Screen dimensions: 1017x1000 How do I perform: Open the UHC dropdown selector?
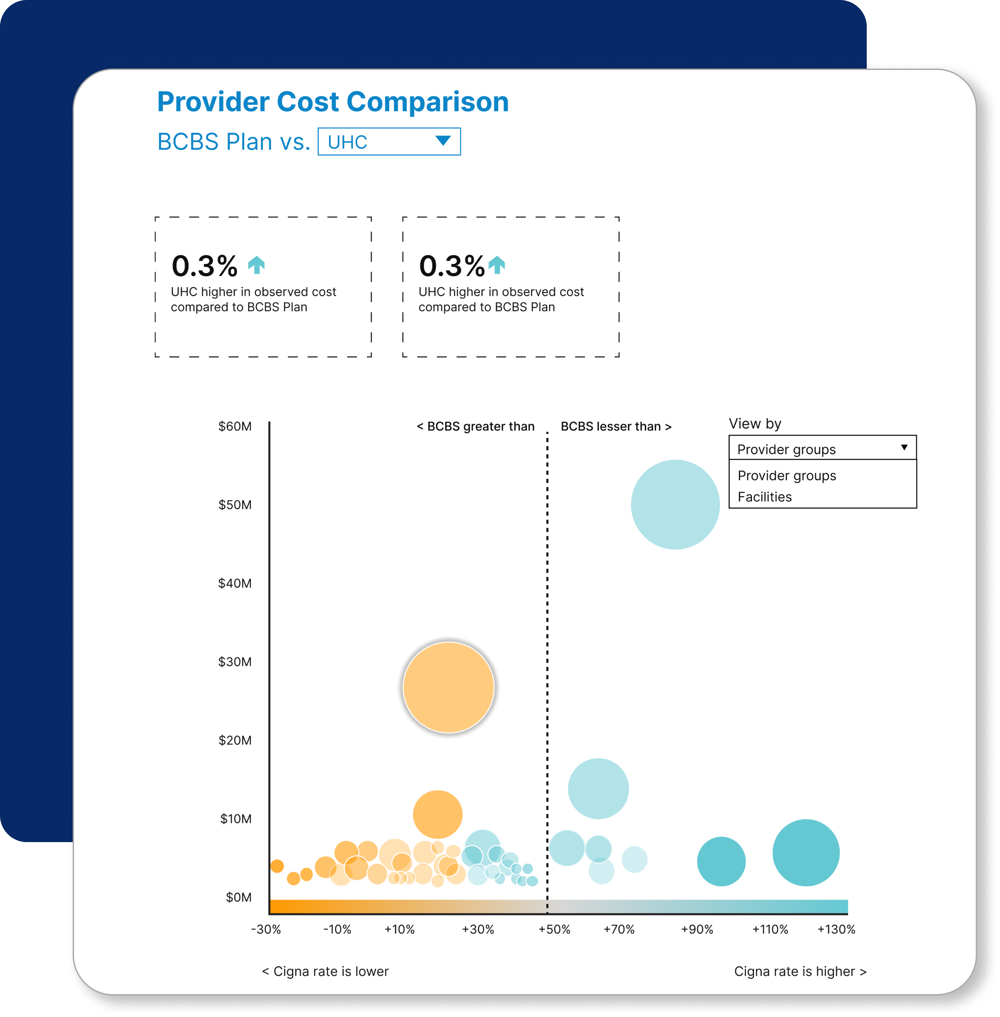pyautogui.click(x=389, y=142)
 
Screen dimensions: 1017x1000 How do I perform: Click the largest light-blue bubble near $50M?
pyautogui.click(x=675, y=504)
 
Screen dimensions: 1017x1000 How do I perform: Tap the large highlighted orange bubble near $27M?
pyautogui.click(x=449, y=687)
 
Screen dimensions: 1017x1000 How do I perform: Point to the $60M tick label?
pyautogui.click(x=235, y=426)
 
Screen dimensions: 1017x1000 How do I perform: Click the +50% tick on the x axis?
pyautogui.click(x=554, y=929)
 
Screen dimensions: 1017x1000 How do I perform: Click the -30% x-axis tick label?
pyautogui.click(x=266, y=929)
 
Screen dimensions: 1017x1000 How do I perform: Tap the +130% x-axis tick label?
pyautogui.click(x=836, y=929)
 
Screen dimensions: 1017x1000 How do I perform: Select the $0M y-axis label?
pyautogui.click(x=239, y=897)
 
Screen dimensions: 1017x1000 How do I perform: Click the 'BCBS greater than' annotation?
pyautogui.click(x=475, y=426)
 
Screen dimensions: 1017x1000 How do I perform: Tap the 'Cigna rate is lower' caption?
pyautogui.click(x=325, y=971)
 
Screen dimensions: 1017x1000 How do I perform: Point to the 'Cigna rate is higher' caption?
pyautogui.click(x=800, y=971)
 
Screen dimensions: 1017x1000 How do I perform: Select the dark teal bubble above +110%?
pyautogui.click(x=806, y=853)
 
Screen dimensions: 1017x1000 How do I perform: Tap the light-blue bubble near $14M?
pyautogui.click(x=598, y=789)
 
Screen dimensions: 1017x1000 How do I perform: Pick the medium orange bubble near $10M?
pyautogui.click(x=437, y=814)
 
